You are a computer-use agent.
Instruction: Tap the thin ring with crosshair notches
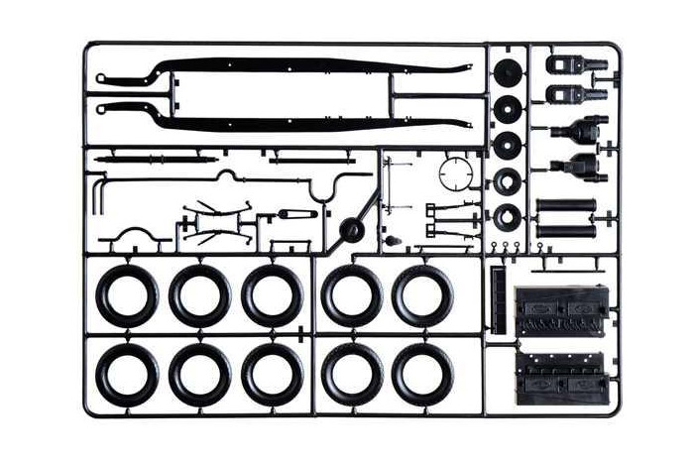click(x=458, y=174)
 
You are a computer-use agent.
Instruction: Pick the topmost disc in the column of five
click(x=508, y=72)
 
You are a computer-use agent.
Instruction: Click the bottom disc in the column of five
click(x=508, y=214)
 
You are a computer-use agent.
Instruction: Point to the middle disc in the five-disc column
click(x=508, y=145)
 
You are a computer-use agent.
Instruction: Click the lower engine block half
click(x=559, y=377)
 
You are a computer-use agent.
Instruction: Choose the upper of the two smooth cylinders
click(x=565, y=207)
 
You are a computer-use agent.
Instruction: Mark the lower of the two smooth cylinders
click(x=565, y=231)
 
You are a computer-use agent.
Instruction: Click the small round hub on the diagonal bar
click(x=350, y=230)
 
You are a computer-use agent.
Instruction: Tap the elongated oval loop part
click(x=297, y=213)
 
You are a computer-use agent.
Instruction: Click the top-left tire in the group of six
click(x=127, y=295)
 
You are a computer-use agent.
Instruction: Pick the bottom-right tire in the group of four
click(x=422, y=374)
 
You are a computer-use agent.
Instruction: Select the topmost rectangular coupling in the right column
click(x=572, y=66)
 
